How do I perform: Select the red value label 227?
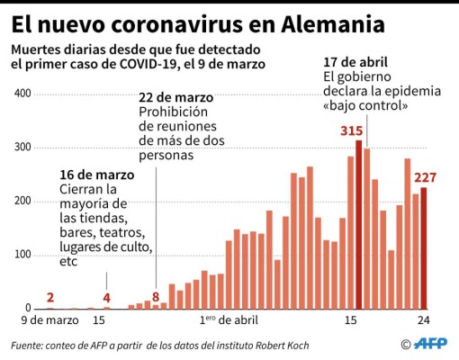tap(427, 177)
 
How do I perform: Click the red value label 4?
tap(106, 297)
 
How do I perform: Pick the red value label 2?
tap(49, 298)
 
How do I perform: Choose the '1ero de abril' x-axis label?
tap(227, 319)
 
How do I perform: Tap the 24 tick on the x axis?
tap(423, 319)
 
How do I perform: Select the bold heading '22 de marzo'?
tap(175, 97)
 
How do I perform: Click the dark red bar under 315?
tap(359, 225)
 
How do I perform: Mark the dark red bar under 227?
tap(424, 247)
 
